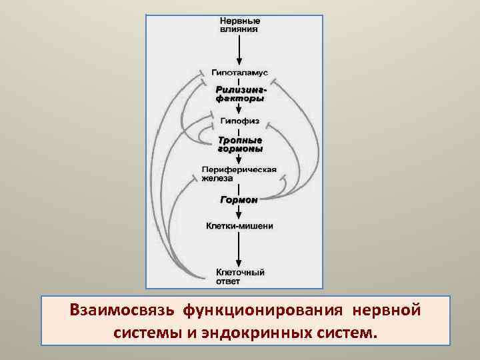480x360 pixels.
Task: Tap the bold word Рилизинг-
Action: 241,89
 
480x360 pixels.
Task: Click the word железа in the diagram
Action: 219,179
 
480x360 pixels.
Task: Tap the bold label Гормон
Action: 239,199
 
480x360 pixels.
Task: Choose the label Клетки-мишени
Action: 239,226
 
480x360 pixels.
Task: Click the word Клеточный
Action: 240,272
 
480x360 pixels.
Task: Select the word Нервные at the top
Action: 240,21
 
